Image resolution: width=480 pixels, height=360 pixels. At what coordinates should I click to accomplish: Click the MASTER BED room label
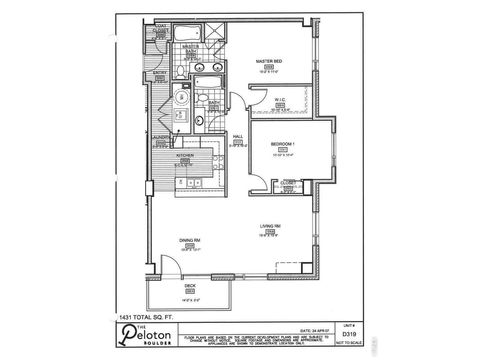266,61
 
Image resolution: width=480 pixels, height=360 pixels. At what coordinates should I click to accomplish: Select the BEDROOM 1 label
284,145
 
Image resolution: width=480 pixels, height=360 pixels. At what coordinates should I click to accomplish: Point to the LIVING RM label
269,227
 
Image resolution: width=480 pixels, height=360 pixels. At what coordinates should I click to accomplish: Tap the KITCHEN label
184,157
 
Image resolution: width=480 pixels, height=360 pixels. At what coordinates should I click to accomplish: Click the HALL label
239,137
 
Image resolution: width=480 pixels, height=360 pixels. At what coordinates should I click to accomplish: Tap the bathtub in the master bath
210,83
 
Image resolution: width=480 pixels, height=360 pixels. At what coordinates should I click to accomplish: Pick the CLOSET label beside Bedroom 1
287,182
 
